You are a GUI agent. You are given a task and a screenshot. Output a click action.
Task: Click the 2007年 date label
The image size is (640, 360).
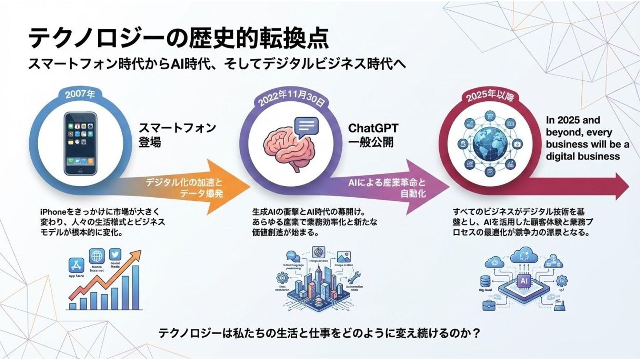(x=80, y=95)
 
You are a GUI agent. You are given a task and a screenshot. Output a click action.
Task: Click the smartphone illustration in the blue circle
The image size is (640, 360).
(x=80, y=143)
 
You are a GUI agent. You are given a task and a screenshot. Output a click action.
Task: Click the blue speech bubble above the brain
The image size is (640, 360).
(x=306, y=127)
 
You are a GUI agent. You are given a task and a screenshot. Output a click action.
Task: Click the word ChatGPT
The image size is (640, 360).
(x=373, y=128)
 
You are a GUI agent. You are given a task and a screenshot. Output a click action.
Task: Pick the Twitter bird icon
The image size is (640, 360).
(x=115, y=255)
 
